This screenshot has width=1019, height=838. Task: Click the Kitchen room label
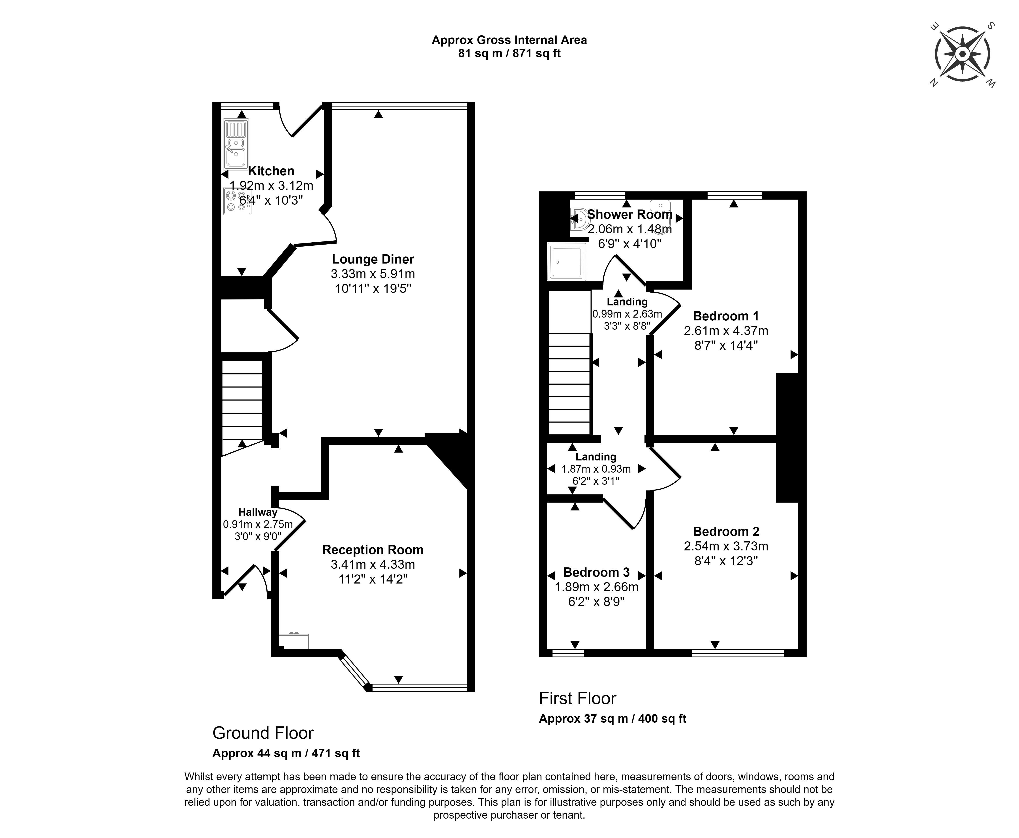pos(271,171)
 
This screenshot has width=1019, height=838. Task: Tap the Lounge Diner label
pos(373,259)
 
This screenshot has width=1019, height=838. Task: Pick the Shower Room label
pos(629,214)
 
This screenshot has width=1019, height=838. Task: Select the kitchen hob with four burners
pos(236,201)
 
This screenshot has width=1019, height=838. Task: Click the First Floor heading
pos(577,698)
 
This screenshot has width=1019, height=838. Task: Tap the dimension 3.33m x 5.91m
pos(373,274)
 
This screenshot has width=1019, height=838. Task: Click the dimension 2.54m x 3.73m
pos(725,546)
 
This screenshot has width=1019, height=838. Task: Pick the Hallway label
pos(258,512)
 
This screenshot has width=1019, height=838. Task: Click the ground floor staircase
pos(242,401)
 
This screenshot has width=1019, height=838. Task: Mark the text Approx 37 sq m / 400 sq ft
pos(612,718)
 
